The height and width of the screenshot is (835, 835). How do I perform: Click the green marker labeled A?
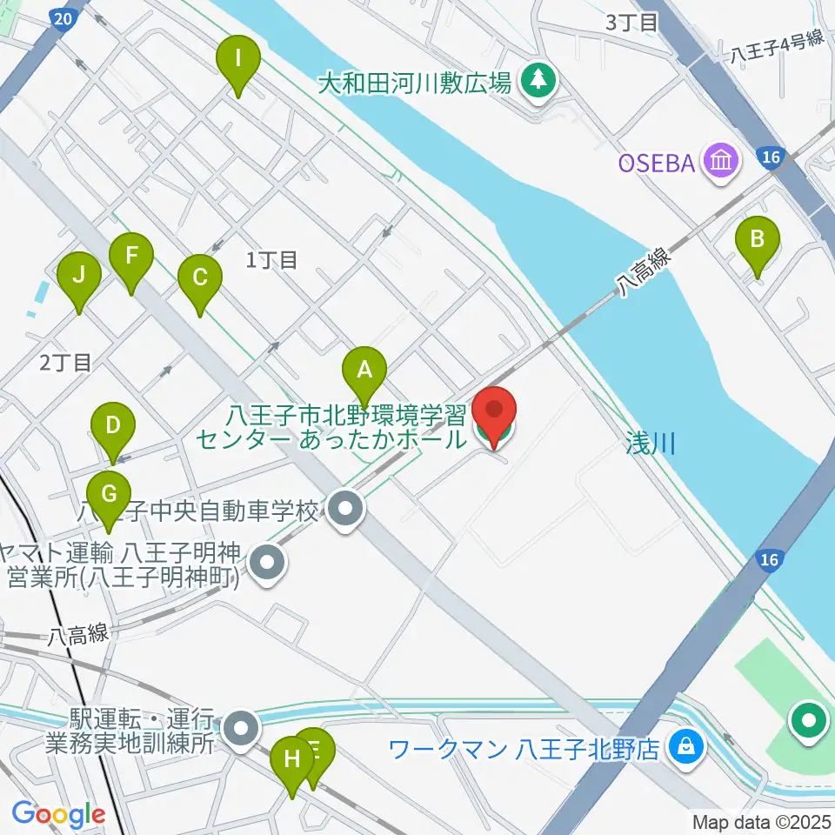[x=364, y=372]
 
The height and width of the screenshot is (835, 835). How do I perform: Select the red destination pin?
[x=494, y=412]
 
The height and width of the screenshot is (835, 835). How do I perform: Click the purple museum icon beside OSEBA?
[x=723, y=161]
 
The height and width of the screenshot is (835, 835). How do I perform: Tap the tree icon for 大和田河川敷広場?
[x=539, y=82]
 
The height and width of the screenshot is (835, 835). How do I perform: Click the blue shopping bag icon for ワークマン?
[x=687, y=748]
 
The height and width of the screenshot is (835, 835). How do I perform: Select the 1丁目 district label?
[x=272, y=259]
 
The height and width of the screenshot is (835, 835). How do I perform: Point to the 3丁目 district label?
[x=631, y=23]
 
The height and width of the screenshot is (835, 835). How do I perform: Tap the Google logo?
[x=58, y=814]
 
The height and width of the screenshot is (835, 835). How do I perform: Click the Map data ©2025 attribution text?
[x=762, y=821]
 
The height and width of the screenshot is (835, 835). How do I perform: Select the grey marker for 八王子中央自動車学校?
[x=346, y=511]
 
